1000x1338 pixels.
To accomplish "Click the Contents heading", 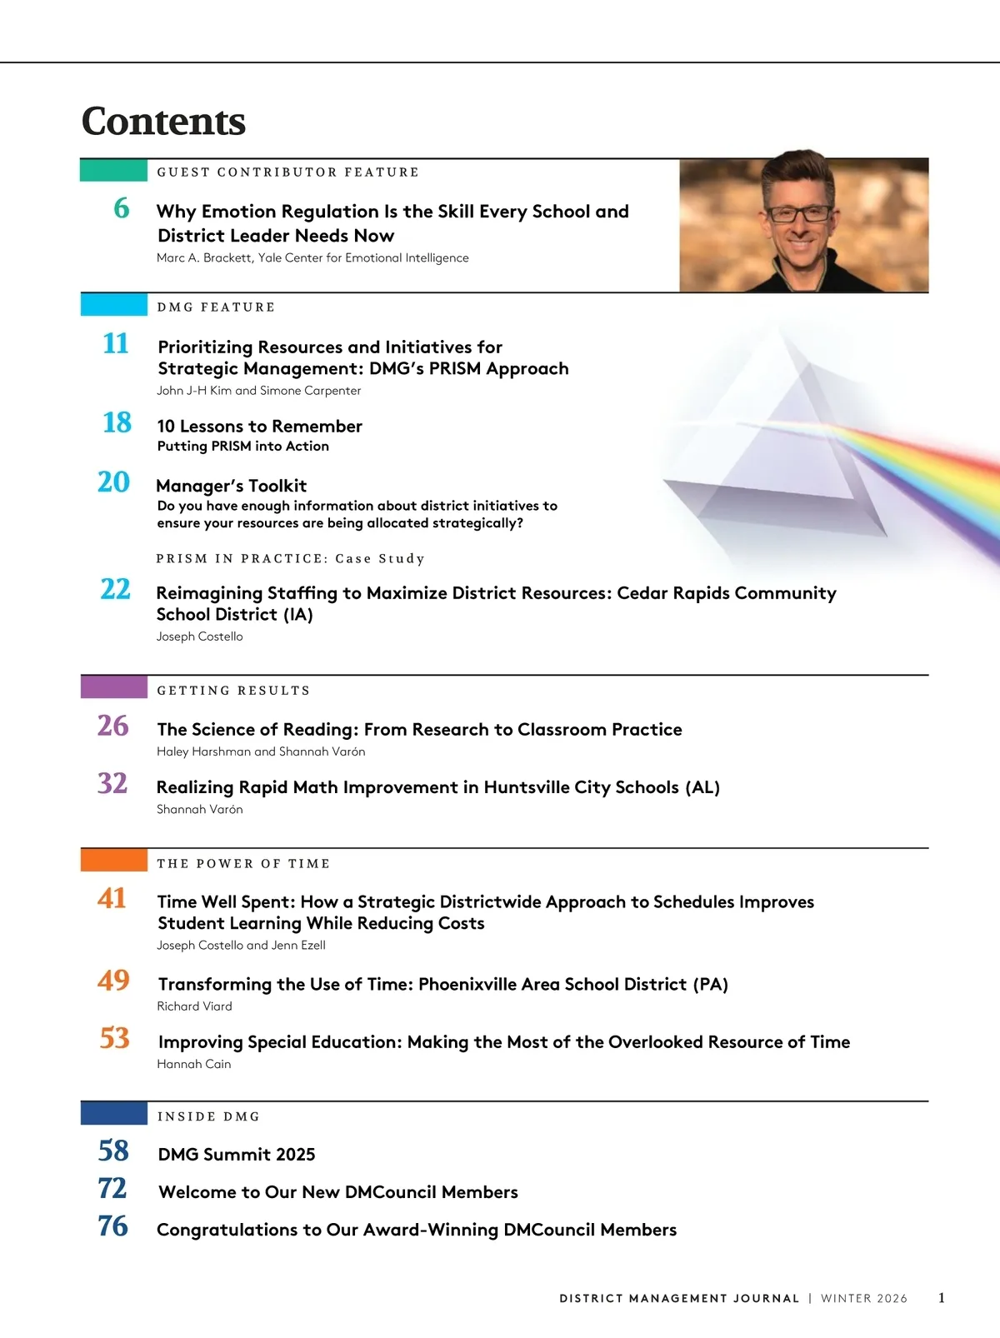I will [163, 122].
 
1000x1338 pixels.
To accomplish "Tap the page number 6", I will [122, 208].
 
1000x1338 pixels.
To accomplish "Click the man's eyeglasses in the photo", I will [799, 213].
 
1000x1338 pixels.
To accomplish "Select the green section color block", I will [114, 170].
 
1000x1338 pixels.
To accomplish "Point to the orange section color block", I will [114, 861].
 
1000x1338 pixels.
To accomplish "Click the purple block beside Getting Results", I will [114, 687].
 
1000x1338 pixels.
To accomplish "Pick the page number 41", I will [112, 898].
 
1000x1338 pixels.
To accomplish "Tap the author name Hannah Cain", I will [194, 1064].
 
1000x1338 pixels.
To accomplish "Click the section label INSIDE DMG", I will [208, 1116].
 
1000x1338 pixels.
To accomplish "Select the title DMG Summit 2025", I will [237, 1155].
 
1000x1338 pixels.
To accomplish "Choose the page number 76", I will [113, 1226].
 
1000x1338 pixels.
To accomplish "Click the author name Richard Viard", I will [194, 1006].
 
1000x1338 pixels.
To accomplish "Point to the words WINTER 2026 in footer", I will [864, 1299].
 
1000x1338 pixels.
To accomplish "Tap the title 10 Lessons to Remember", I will [259, 427].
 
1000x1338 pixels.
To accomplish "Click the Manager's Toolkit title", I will [232, 486].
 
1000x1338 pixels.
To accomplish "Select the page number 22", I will [116, 590].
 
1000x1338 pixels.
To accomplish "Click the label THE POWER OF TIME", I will [243, 864].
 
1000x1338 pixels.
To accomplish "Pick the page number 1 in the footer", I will [942, 1298].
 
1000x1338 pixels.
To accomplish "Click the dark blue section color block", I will [114, 1114].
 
